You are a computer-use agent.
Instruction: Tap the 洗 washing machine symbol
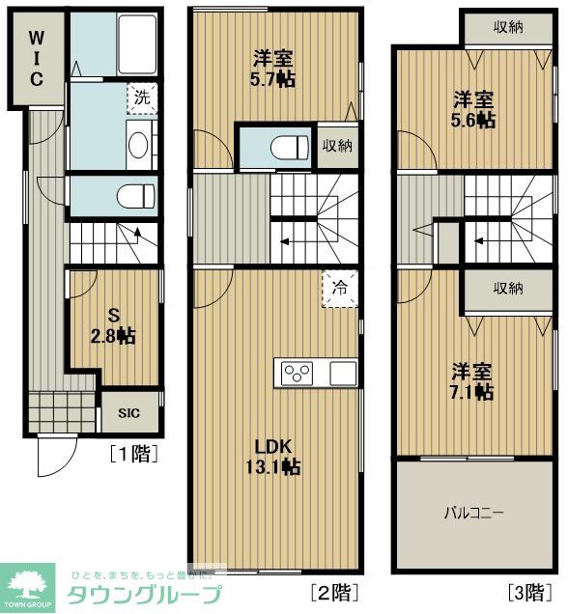[142, 98]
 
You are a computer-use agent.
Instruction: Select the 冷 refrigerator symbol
[340, 287]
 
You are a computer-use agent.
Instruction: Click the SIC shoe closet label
[128, 413]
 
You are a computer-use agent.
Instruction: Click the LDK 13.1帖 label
[275, 456]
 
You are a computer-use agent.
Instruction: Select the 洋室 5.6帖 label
[475, 109]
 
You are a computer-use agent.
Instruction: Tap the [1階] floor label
[133, 452]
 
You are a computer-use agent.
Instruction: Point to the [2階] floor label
[334, 590]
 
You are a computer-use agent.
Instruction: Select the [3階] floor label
[531, 590]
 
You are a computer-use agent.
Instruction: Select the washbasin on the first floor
[137, 147]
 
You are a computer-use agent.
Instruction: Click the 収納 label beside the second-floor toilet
[337, 146]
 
